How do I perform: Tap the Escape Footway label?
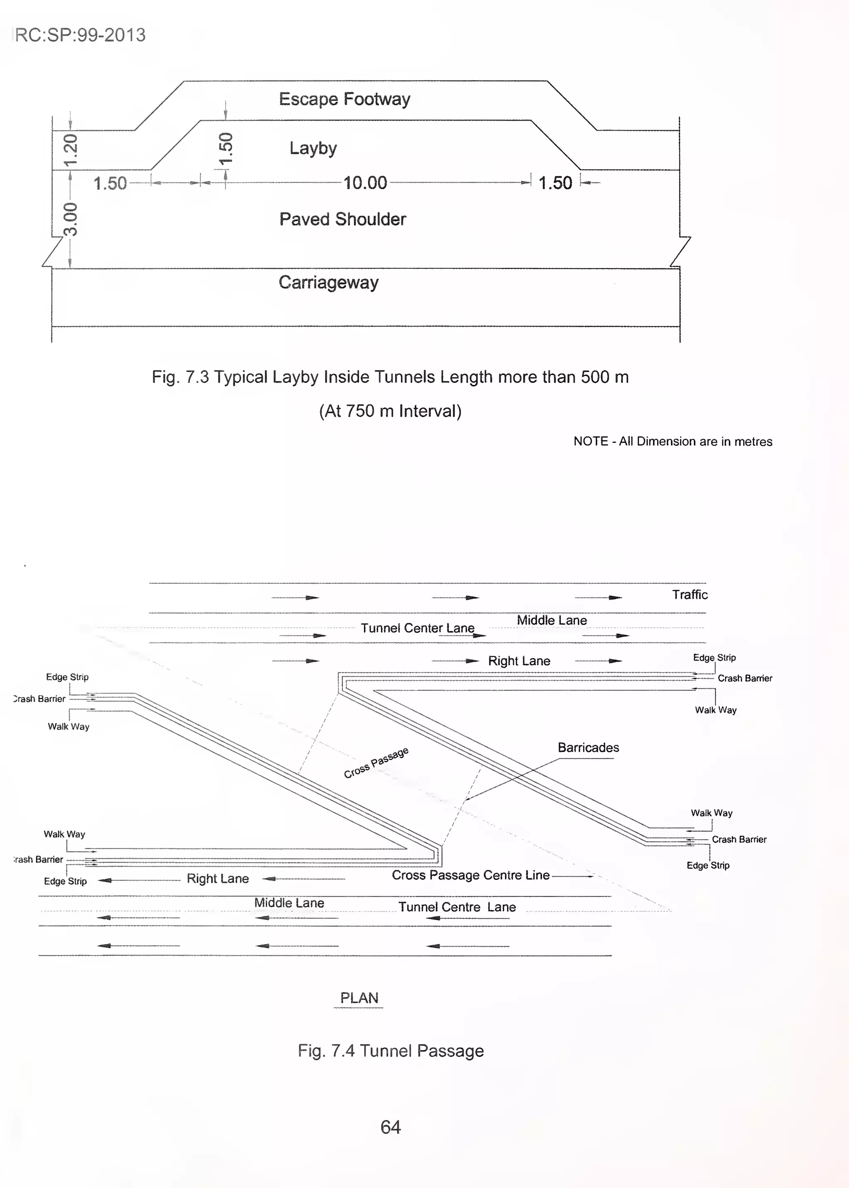click(x=344, y=99)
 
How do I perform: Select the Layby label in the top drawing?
click(x=313, y=148)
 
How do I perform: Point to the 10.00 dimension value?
click(x=365, y=183)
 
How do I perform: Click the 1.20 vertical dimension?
click(x=70, y=150)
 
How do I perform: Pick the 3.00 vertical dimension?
click(x=70, y=219)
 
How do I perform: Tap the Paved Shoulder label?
click(x=342, y=219)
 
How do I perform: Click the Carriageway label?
click(x=328, y=282)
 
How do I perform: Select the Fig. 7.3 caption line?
click(x=390, y=377)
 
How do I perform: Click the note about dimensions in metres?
click(x=672, y=441)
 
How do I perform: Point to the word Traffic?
click(x=689, y=595)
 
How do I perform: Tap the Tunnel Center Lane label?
click(x=417, y=628)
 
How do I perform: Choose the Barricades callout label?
click(x=588, y=747)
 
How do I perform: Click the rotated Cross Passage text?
click(x=376, y=763)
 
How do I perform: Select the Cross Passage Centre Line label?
click(x=471, y=875)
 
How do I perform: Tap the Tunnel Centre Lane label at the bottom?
click(x=457, y=907)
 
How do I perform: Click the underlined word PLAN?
click(x=359, y=998)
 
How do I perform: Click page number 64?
click(x=391, y=1127)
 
